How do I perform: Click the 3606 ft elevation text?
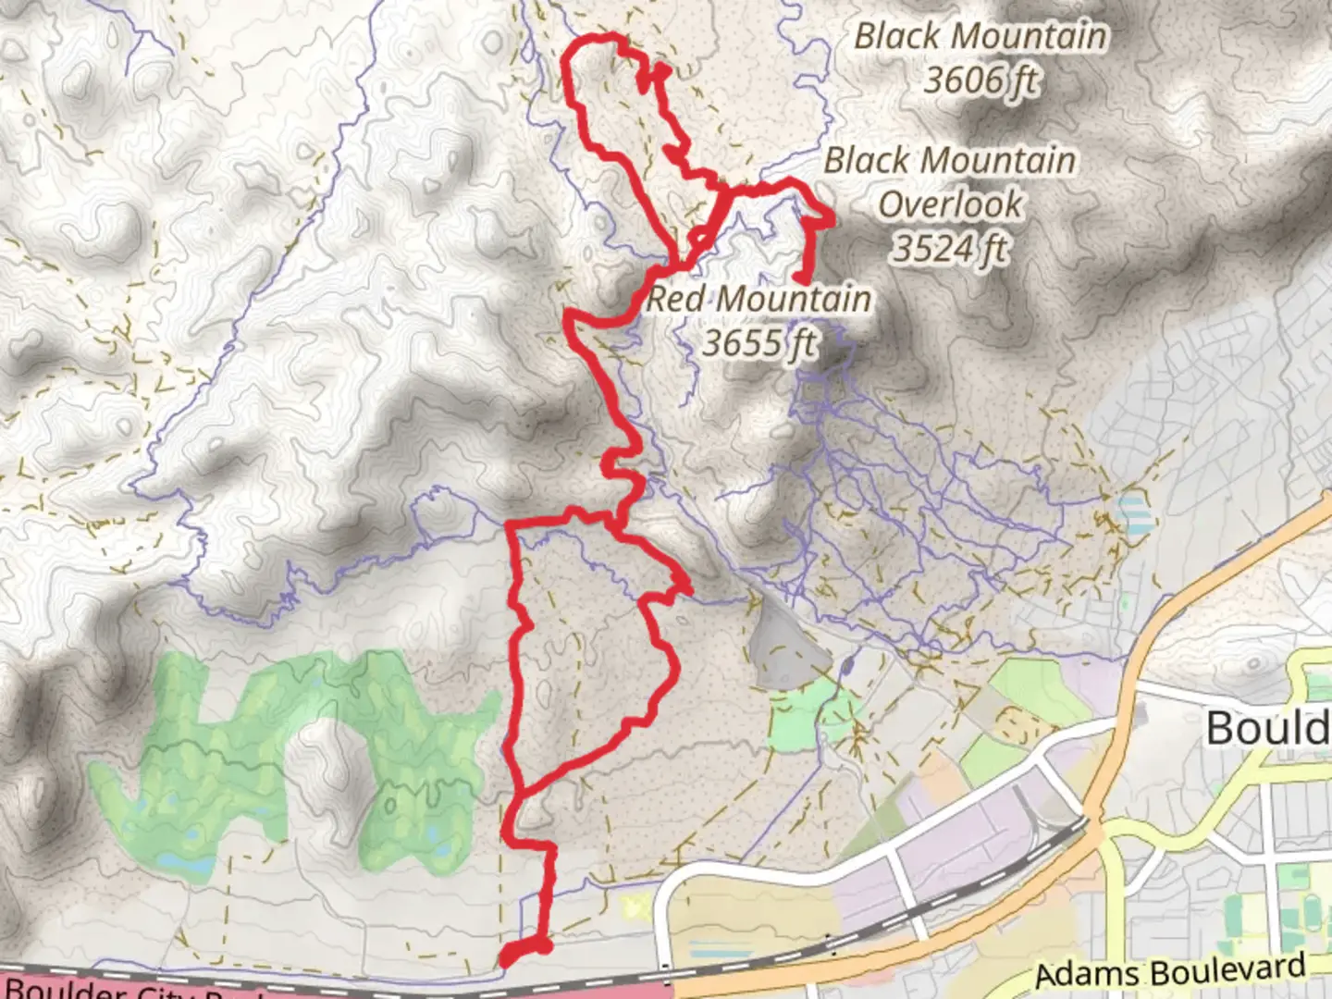coord(980,80)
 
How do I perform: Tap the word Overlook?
coord(951,204)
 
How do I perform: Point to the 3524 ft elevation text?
coord(950,248)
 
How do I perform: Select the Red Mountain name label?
coord(758,299)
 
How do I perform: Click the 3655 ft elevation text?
coord(758,343)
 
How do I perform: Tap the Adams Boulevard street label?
coord(1170,971)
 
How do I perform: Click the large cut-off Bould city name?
coord(1267,728)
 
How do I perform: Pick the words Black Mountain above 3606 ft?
coord(980,37)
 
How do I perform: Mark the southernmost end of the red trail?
coord(505,962)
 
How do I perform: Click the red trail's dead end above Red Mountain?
coord(799,277)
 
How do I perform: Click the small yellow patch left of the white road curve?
coord(635,906)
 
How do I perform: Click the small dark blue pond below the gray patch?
coord(848,665)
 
